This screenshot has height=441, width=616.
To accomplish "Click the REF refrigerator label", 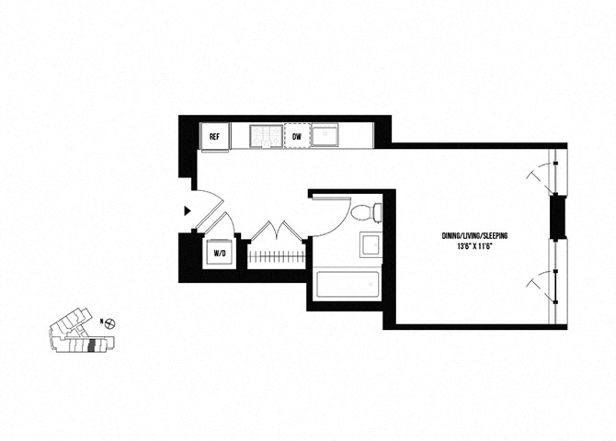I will tap(214, 137).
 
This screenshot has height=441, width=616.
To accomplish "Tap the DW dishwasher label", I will tap(297, 137).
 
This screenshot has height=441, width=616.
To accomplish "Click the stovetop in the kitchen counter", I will tap(267, 137).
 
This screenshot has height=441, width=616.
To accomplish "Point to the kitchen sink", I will tap(326, 137).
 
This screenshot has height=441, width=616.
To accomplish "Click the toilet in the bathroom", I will tap(365, 212).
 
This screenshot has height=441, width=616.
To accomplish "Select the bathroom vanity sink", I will tap(371, 246).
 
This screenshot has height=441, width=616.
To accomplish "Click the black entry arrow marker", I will tap(188, 211).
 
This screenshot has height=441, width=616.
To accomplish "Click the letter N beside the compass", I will tap(99, 322).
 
